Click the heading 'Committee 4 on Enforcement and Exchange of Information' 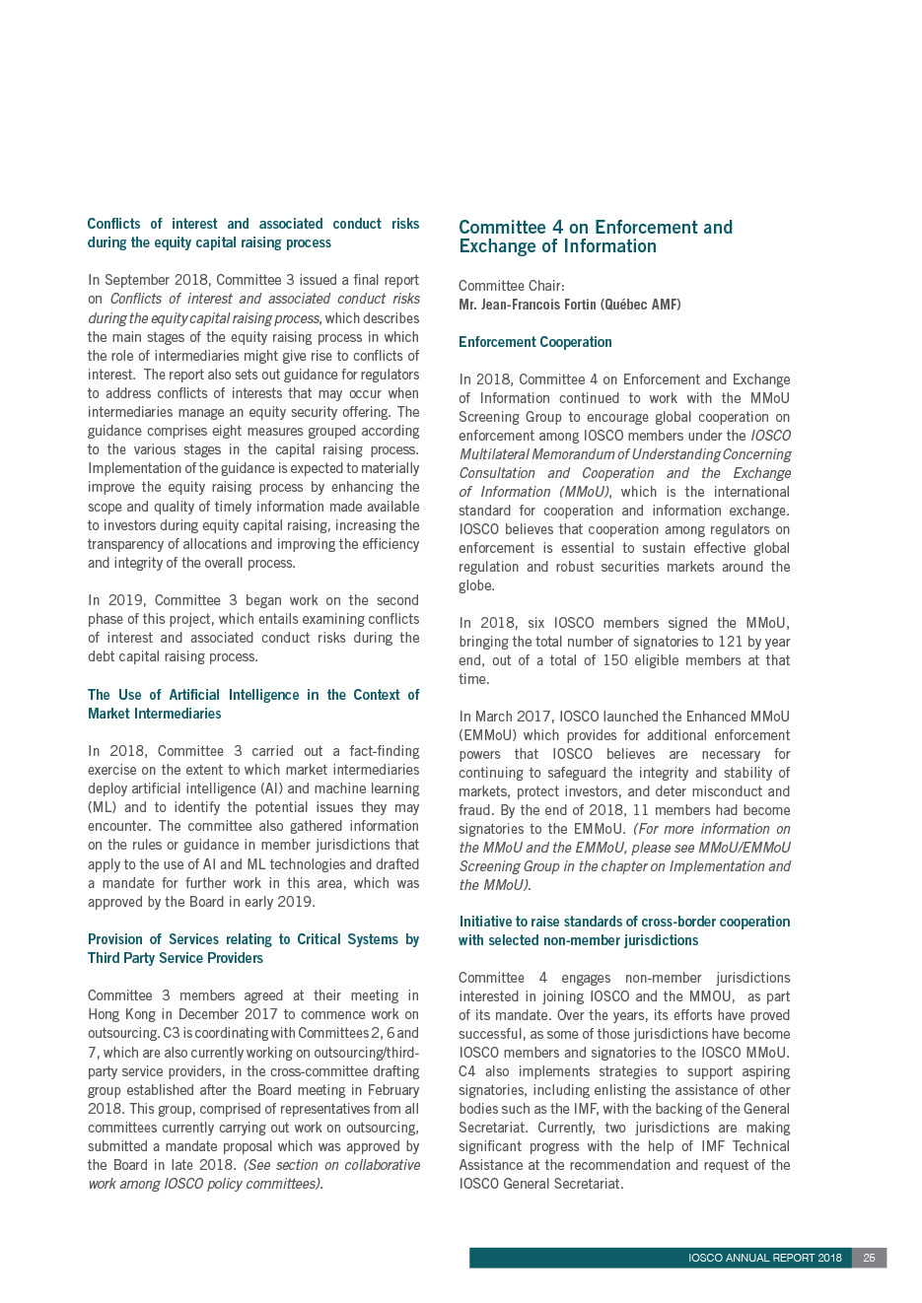[596, 237]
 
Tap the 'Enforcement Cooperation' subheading [535, 342]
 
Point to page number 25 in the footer [869, 1258]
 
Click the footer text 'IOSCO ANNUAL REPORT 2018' [764, 1258]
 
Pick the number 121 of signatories [730, 642]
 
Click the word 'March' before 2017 [495, 717]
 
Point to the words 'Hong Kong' [118, 1014]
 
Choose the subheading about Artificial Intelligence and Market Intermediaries [253, 704]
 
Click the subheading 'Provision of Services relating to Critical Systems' [253, 948]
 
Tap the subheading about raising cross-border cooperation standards [624, 930]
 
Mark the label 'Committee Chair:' [511, 286]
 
